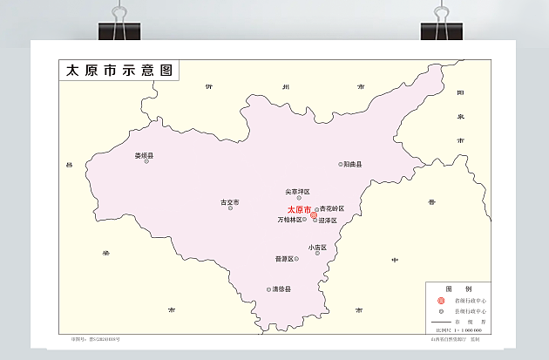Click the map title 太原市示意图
click(119, 71)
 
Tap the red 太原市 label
click(299, 210)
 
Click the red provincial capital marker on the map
click(314, 214)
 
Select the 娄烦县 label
click(144, 155)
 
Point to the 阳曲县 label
click(353, 164)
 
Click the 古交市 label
click(229, 202)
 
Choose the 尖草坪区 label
click(298, 191)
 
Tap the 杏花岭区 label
click(333, 208)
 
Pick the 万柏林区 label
click(290, 220)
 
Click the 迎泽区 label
click(328, 221)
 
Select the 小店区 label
click(317, 247)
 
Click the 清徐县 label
click(281, 289)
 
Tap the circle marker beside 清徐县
click(268, 289)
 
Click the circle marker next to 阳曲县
click(341, 164)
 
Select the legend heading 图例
click(458, 289)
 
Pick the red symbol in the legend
click(441, 300)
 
